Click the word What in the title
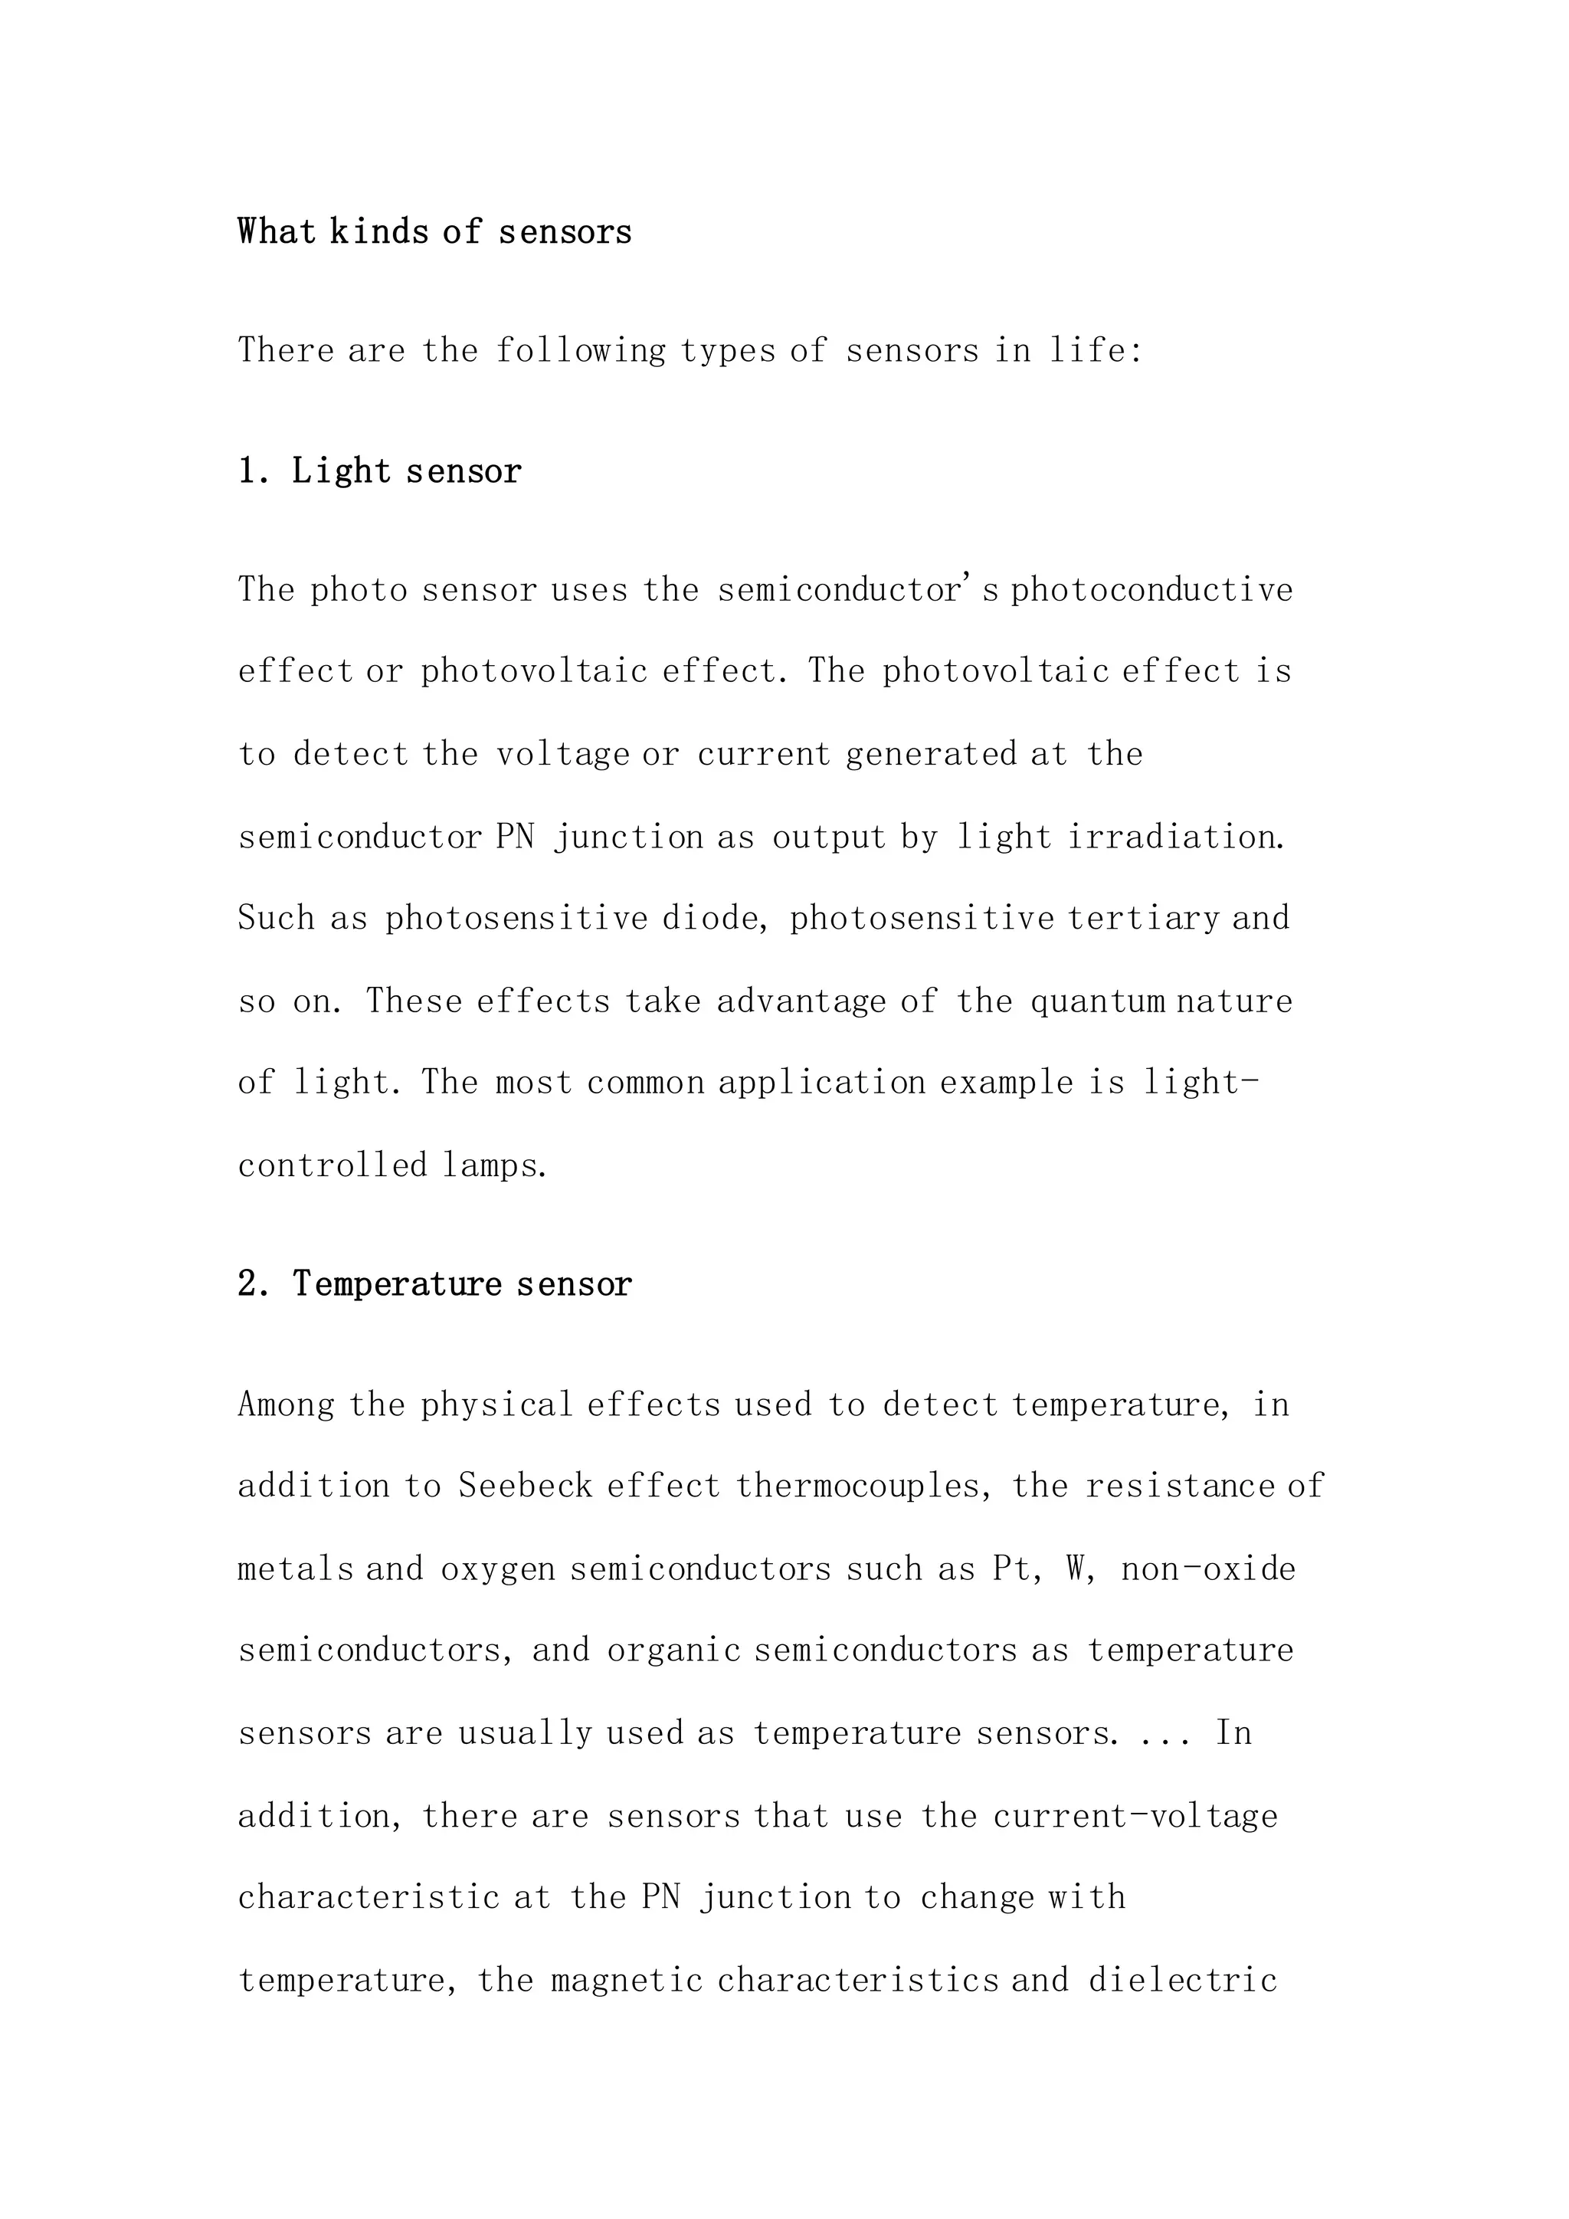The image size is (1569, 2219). pyautogui.click(x=277, y=232)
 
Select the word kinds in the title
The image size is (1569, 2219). pyautogui.click(x=380, y=232)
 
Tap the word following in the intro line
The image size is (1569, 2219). pyautogui.click(x=581, y=350)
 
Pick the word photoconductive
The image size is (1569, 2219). pyautogui.click(x=1151, y=589)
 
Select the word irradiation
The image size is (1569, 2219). pyautogui.click(x=1177, y=837)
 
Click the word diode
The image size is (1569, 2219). pyautogui.click(x=711, y=918)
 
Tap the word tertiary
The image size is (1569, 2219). pyautogui.click(x=1144, y=918)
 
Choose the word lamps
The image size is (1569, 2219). pyautogui.click(x=496, y=1165)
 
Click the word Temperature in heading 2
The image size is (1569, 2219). pyautogui.click(x=397, y=1284)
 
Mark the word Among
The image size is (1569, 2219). pyautogui.click(x=286, y=1404)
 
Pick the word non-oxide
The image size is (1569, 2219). pyautogui.click(x=1207, y=1568)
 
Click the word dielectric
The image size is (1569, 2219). pyautogui.click(x=1183, y=1980)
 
